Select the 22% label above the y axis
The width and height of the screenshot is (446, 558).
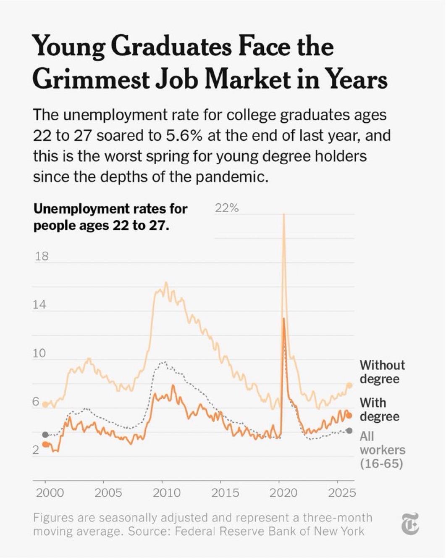click(x=227, y=208)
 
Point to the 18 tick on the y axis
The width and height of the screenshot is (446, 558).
click(x=42, y=256)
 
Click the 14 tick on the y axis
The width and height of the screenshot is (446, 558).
click(x=39, y=304)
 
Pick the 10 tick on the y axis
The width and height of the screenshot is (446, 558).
click(x=39, y=353)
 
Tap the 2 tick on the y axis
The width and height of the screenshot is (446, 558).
click(x=36, y=450)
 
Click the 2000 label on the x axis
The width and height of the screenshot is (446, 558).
click(x=50, y=492)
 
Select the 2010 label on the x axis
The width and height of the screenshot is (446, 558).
click(x=166, y=492)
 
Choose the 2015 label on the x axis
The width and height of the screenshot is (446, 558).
click(x=225, y=492)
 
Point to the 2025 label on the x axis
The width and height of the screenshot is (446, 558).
click(x=342, y=492)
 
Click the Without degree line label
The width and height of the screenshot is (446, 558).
click(x=382, y=371)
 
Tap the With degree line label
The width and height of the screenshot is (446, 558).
click(x=379, y=409)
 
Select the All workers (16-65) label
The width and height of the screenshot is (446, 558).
click(x=382, y=450)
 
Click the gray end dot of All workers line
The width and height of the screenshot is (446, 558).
click(x=349, y=431)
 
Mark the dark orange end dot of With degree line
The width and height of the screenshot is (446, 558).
click(x=349, y=416)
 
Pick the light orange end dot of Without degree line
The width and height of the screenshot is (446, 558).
click(x=349, y=385)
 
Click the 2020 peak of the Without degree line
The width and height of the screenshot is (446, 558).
click(x=284, y=215)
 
